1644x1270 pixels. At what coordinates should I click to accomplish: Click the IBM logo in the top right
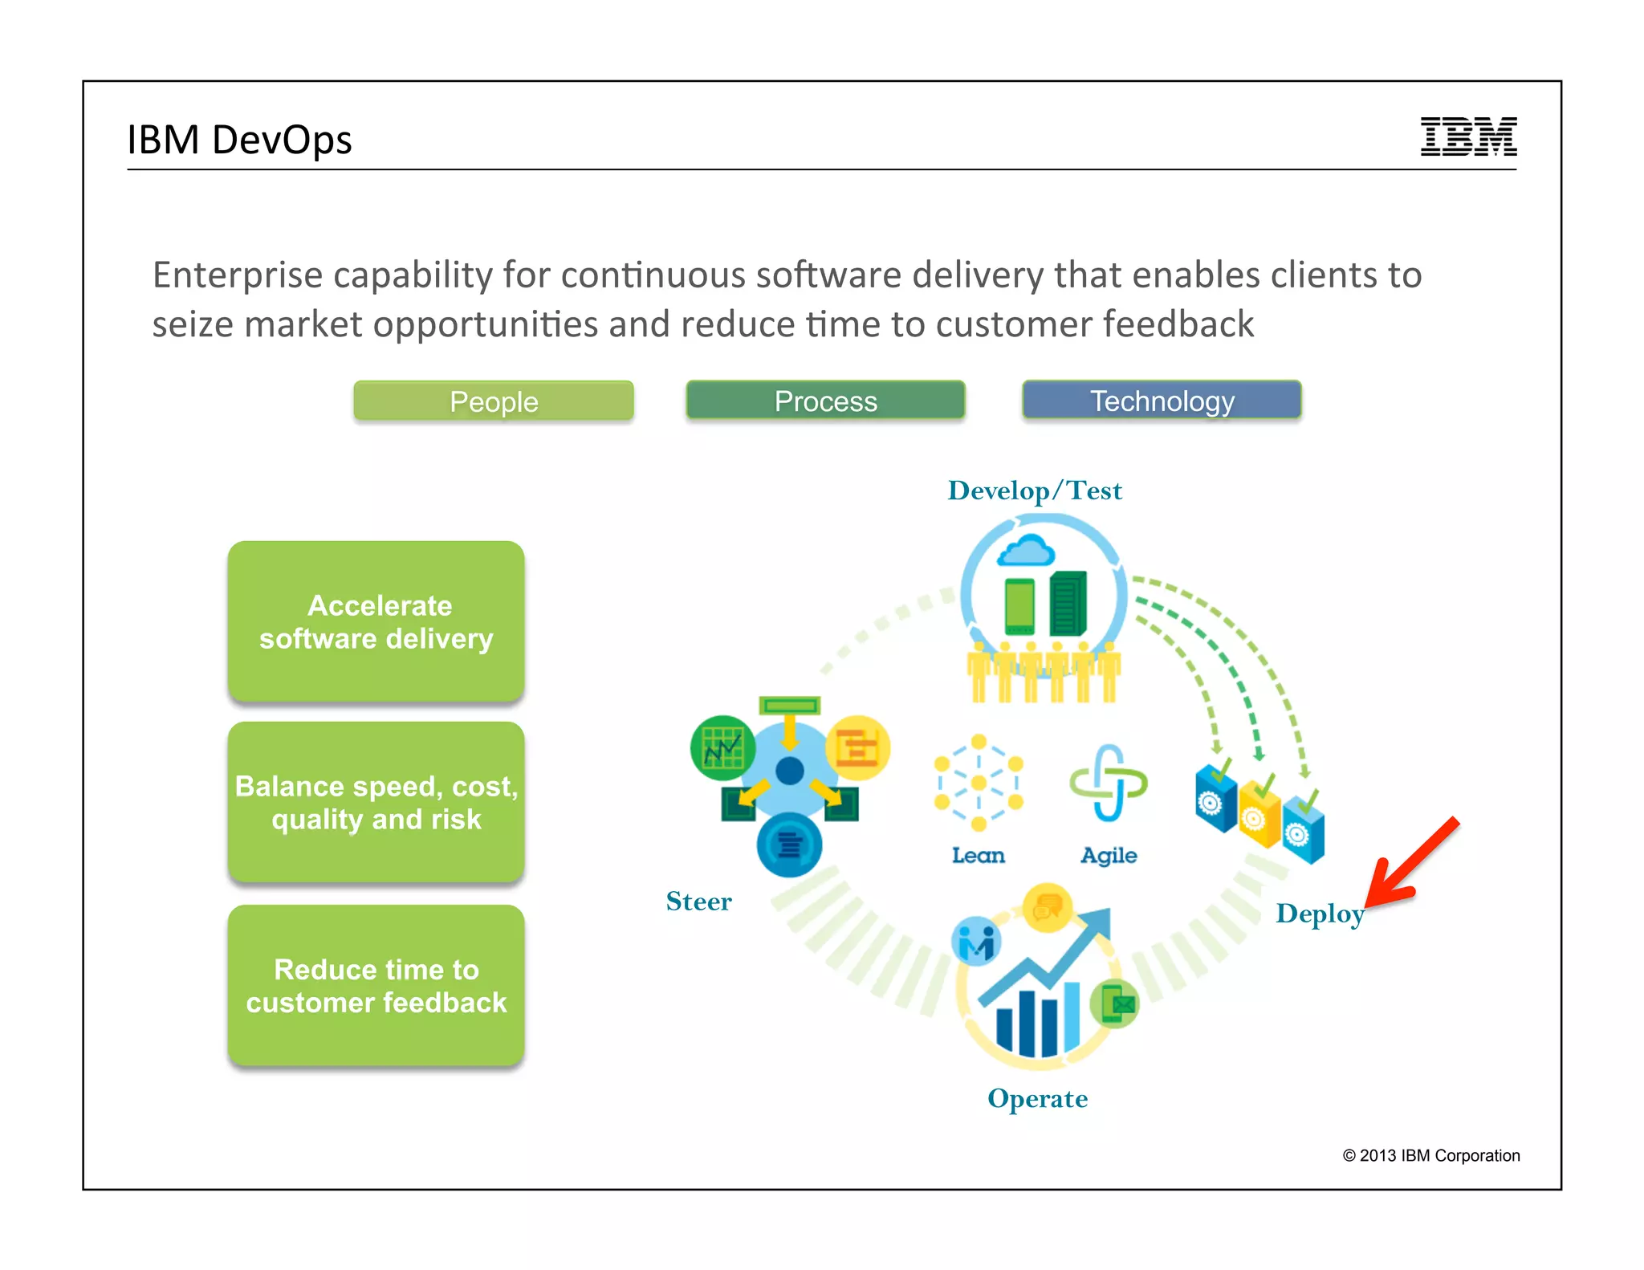point(1467,136)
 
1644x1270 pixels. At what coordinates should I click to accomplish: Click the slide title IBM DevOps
point(239,140)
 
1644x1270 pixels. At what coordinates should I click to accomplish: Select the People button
point(494,401)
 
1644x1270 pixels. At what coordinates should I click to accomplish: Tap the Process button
point(825,401)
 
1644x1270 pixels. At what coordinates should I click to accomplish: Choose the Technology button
point(1162,401)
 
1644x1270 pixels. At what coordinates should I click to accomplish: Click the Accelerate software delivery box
point(376,621)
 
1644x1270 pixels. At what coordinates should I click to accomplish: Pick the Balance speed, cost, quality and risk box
point(376,802)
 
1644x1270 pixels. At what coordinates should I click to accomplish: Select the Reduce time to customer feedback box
point(376,986)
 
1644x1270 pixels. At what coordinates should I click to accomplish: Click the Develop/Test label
point(1035,490)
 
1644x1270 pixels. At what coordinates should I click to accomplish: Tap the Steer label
point(698,902)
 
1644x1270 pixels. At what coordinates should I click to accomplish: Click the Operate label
point(1037,1098)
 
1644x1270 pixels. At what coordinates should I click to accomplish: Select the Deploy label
point(1320,914)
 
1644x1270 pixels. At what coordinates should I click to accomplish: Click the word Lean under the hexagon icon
point(978,856)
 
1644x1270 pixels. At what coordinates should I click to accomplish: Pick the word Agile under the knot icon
point(1109,856)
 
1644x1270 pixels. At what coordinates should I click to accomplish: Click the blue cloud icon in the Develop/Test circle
point(1025,552)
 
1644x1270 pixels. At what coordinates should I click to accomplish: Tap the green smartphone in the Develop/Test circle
point(1019,606)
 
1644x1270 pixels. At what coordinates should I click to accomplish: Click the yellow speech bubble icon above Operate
point(1048,907)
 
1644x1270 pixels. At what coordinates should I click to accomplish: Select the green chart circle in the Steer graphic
point(722,748)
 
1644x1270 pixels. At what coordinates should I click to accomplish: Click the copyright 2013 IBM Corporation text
point(1430,1155)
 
